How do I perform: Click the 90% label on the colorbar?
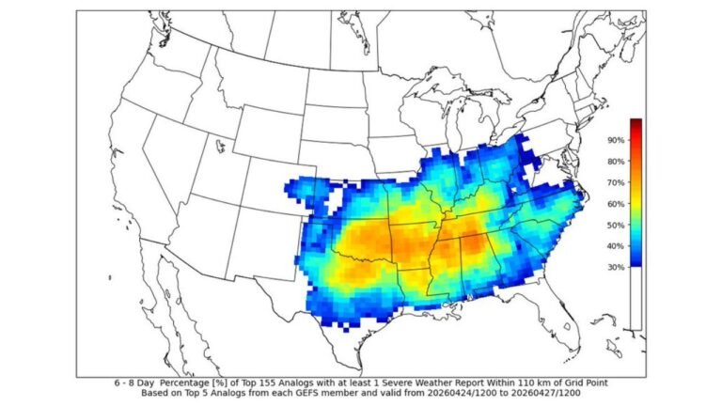617,140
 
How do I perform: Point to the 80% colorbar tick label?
617,161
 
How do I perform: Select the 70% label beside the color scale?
617,182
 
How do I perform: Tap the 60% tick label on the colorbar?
617,203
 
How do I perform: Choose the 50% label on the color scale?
617,225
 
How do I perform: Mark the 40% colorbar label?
617,245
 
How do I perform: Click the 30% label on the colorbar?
617,267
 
